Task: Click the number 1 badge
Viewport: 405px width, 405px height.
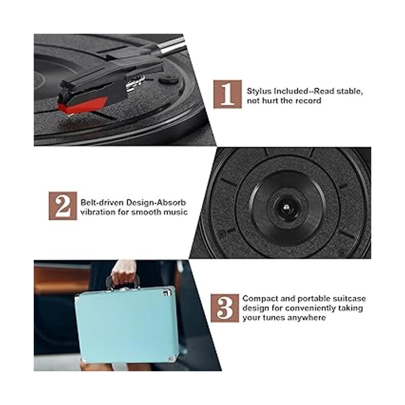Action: (x=227, y=94)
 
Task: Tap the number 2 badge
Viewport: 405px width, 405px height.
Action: (x=63, y=206)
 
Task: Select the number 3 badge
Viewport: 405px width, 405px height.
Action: (x=225, y=308)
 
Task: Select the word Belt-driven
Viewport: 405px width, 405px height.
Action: (x=102, y=202)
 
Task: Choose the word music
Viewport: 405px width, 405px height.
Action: (x=176, y=212)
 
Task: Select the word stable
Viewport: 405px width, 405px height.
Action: (x=350, y=91)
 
